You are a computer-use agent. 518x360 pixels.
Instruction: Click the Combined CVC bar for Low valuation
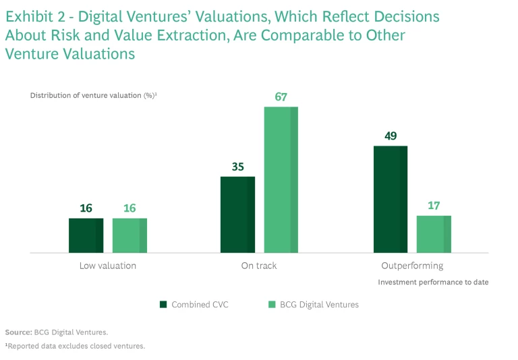click(86, 235)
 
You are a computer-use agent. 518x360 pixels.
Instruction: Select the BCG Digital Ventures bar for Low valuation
click(129, 235)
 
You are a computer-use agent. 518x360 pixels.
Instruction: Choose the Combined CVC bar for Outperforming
click(391, 199)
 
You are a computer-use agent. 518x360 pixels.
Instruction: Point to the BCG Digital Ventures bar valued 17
click(434, 234)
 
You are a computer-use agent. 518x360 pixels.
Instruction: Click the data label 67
click(281, 97)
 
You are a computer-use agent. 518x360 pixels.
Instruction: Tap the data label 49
click(391, 136)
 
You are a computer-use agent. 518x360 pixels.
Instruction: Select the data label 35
click(237, 167)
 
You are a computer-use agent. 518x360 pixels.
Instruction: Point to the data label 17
click(434, 206)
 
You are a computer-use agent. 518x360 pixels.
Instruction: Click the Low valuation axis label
click(108, 266)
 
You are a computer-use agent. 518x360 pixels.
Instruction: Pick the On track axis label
click(259, 266)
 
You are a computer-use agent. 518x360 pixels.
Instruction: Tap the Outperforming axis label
click(412, 266)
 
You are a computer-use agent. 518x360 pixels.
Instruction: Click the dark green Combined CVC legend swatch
click(163, 305)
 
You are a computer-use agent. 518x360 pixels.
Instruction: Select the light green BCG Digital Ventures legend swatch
click(272, 305)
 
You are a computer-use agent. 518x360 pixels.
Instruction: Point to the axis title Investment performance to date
click(433, 282)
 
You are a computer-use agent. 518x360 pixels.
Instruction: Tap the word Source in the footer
click(18, 332)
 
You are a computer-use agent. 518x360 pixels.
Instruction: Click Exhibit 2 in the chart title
click(32, 16)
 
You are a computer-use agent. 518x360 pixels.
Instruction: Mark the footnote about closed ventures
click(75, 346)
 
